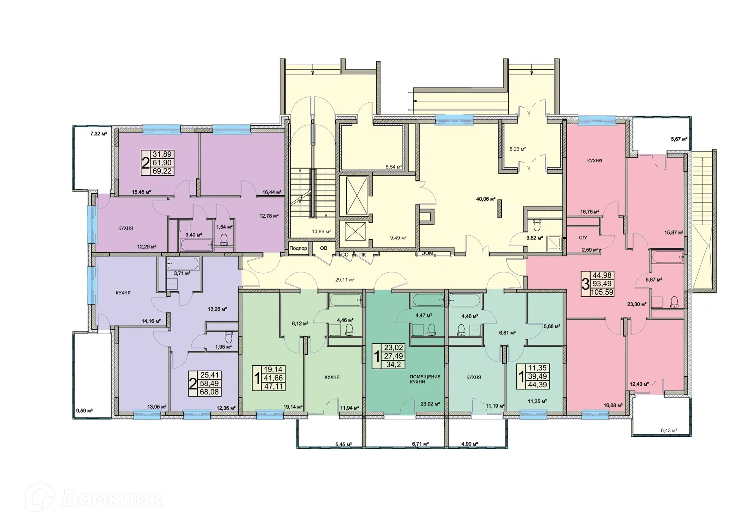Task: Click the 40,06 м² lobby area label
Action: [x=486, y=199]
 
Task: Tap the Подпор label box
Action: [x=298, y=248]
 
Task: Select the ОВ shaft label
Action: [x=324, y=248]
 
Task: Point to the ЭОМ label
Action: [x=427, y=253]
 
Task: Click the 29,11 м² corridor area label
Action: [x=344, y=280]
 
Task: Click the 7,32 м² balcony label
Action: [x=98, y=134]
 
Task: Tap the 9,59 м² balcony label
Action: [x=84, y=411]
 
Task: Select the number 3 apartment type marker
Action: [x=585, y=284]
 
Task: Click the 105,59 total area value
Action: [x=602, y=292]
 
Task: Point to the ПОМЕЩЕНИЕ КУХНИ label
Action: [x=425, y=379]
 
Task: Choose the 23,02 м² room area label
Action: [x=430, y=404]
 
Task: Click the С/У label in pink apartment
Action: [x=583, y=238]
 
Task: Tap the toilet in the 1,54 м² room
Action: [x=224, y=240]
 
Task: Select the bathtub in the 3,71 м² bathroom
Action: [x=183, y=264]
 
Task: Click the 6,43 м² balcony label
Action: [x=669, y=430]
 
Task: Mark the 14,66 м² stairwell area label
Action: [x=321, y=232]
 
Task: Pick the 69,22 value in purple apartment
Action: [x=162, y=171]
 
